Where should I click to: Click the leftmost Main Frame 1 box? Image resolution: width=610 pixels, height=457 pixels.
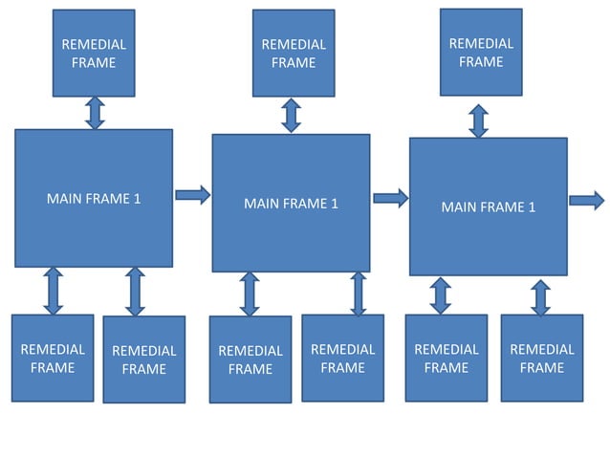[94, 198]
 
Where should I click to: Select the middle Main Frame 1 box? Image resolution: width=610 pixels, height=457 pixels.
[291, 203]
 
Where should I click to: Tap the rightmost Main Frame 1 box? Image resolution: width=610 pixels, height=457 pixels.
[488, 207]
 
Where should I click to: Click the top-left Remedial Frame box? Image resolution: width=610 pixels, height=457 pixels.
[94, 54]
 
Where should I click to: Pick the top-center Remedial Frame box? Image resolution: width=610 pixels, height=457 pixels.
[294, 54]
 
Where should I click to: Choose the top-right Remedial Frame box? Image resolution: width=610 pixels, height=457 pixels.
[481, 53]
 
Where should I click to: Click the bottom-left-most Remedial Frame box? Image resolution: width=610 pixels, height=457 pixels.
[53, 358]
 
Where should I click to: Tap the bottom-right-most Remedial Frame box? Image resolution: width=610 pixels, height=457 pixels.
[542, 358]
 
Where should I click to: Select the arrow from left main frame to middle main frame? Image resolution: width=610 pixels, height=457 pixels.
[192, 195]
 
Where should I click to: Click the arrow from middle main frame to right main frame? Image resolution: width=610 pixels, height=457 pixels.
[390, 198]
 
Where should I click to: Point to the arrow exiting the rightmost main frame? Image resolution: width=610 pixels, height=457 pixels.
[587, 200]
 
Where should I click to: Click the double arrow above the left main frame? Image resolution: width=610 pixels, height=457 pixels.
[95, 113]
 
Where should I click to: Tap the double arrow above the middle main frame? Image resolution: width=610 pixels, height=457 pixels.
[292, 115]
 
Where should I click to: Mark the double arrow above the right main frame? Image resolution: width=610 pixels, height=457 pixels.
[479, 120]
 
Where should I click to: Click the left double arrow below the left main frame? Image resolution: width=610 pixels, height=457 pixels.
[54, 291]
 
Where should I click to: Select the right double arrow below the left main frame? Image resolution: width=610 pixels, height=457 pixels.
[135, 292]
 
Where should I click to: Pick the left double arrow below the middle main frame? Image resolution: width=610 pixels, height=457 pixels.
[250, 294]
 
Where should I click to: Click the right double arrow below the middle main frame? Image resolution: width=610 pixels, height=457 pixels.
[359, 294]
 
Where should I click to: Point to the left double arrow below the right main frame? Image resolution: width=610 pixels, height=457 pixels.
[441, 295]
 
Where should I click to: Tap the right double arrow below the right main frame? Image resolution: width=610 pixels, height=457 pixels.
[541, 296]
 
